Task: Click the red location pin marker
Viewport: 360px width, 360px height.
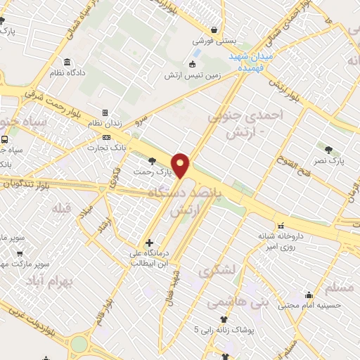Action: pos(181,165)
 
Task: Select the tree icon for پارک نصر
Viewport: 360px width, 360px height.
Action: pos(329,149)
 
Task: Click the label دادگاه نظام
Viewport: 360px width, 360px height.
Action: pos(67,72)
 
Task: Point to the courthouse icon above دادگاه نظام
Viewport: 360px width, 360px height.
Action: pos(67,62)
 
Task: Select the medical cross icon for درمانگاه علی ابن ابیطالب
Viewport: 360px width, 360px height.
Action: pos(150,243)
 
